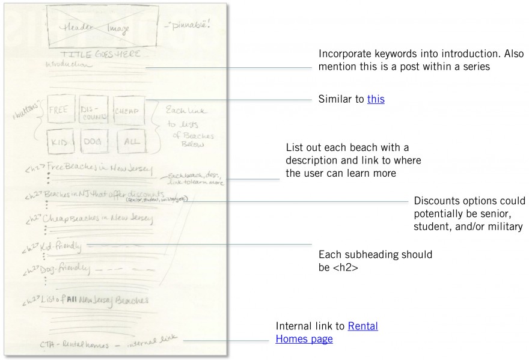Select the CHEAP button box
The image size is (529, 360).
click(129, 112)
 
